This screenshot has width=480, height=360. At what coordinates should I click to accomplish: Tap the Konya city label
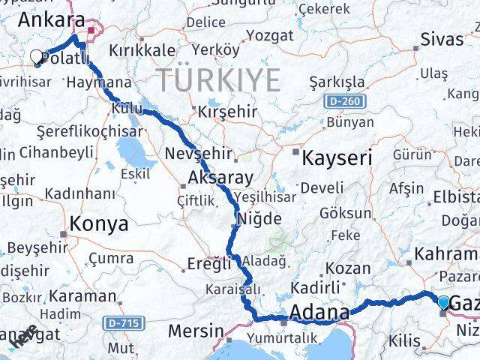coord(98,223)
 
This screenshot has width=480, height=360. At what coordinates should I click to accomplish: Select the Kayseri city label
coord(337,158)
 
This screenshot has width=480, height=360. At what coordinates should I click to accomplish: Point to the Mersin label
coord(196,330)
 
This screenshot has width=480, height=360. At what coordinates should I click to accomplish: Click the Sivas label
coord(442,38)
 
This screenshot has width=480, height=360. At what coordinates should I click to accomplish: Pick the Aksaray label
coord(220,178)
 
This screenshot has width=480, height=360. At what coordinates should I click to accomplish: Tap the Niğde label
coord(259,219)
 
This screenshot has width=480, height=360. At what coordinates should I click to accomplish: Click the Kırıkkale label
coord(142,50)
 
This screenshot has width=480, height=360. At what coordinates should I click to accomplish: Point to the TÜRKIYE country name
coord(217,79)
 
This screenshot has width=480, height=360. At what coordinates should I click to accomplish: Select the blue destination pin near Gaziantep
coord(443,302)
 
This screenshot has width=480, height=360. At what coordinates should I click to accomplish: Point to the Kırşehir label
coord(226,112)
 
